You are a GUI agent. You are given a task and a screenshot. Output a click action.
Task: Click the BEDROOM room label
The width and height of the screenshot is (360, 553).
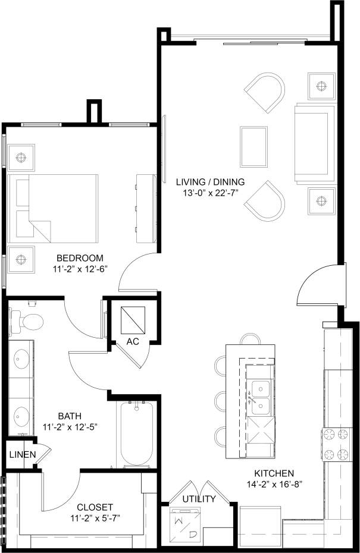pyautogui.click(x=80, y=258)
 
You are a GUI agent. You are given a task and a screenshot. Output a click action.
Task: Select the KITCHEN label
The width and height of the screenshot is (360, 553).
pyautogui.click(x=275, y=473)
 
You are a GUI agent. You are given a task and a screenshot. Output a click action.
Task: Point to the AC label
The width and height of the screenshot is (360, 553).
pyautogui.click(x=133, y=341)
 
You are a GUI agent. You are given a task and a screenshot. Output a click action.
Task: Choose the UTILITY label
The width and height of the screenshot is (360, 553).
pyautogui.click(x=199, y=499)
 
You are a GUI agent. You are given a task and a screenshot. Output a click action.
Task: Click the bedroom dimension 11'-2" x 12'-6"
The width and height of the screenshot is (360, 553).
pyautogui.click(x=80, y=269)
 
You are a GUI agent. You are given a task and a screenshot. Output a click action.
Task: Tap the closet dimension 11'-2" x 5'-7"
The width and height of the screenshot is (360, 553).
pyautogui.click(x=94, y=518)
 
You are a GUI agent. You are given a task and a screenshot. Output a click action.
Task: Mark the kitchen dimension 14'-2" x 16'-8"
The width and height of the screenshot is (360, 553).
pyautogui.click(x=275, y=484)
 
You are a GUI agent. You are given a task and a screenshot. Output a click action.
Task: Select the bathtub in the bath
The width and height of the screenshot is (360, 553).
pyautogui.click(x=137, y=434)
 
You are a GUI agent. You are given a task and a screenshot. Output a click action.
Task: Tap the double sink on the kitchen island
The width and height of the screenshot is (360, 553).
pyautogui.click(x=259, y=397)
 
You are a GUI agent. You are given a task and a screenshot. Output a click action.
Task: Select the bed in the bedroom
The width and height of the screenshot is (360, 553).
pyautogui.click(x=54, y=208)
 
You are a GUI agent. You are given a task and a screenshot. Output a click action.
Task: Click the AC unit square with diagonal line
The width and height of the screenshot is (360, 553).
pyautogui.click(x=133, y=319)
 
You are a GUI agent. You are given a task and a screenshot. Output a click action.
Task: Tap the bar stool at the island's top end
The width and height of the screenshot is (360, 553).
pyautogui.click(x=251, y=339)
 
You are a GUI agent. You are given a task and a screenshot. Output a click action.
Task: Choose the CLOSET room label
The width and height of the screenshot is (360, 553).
pyautogui.click(x=94, y=507)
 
